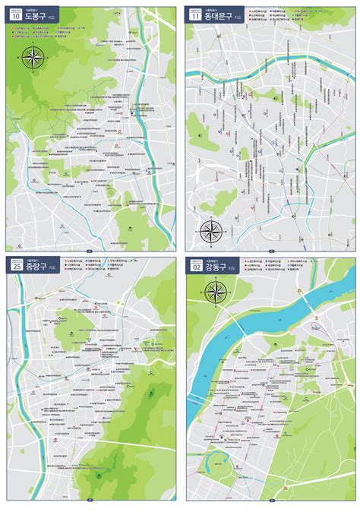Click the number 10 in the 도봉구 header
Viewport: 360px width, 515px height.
pos(15,15)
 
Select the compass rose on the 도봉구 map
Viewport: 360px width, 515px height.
pos(34,56)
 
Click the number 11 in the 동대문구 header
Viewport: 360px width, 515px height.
pos(195,15)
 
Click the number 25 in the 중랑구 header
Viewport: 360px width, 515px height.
pos(15,266)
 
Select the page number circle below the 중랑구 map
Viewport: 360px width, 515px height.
pos(90,501)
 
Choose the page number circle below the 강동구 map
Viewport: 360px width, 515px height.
pos(270,501)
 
